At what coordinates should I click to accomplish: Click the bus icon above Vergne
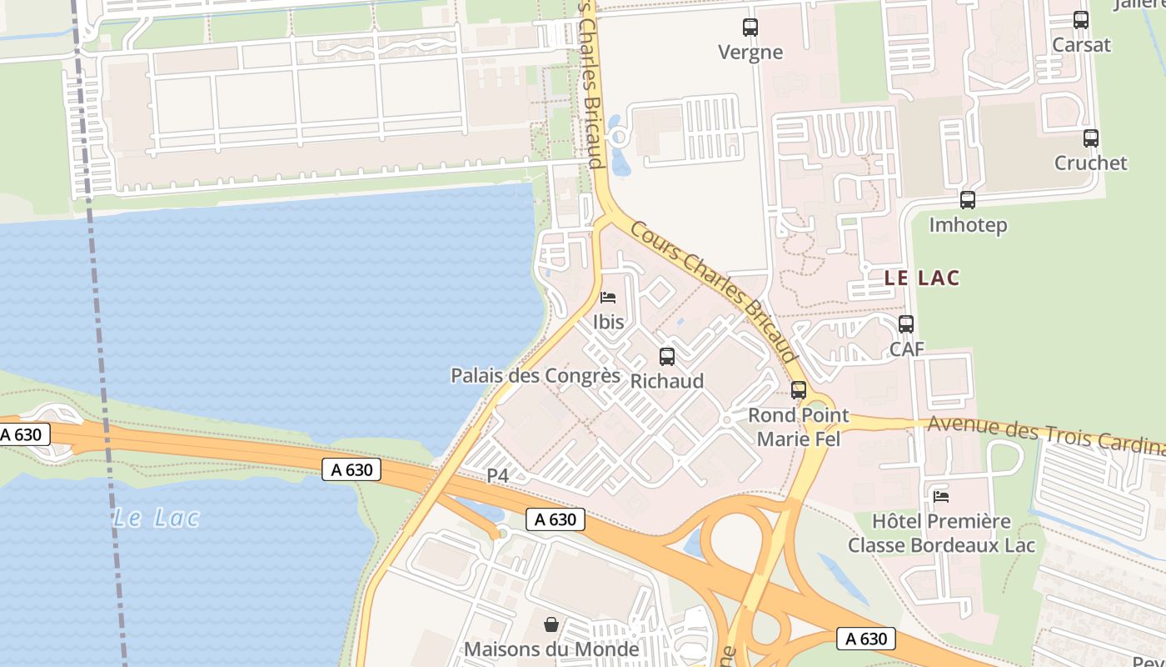750,28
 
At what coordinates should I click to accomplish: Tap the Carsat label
1081,44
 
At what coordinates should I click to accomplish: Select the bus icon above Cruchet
1090,138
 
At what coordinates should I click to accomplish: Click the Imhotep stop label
968,225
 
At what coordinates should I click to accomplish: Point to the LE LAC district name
922,278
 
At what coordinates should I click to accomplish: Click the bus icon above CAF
906,324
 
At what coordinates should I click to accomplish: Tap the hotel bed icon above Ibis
608,298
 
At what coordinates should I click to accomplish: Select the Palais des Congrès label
536,375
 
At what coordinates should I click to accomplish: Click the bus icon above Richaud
667,357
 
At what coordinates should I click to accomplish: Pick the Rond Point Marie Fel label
798,426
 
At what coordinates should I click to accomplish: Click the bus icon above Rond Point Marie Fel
799,389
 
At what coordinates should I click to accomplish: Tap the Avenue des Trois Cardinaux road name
1045,432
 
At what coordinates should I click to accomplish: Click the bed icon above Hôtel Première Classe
941,497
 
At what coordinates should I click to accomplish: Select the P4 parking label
497,475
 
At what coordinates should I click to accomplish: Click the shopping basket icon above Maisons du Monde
551,624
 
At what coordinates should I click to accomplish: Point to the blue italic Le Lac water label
157,518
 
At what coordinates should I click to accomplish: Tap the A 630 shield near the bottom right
866,639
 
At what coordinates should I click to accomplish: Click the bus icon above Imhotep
967,200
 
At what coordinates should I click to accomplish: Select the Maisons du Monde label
551,649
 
